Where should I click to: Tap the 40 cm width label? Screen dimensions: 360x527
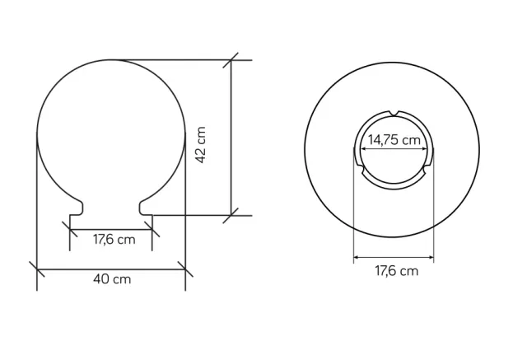coord(111,278)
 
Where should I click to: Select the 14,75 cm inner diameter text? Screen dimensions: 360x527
coord(394,140)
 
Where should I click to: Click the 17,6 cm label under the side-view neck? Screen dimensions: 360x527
coord(113,240)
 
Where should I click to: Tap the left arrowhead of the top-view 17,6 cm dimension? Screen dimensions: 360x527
coord(356,258)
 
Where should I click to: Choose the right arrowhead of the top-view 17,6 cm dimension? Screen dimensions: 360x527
coord(432,258)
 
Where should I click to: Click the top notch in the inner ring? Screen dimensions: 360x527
coord(394,113)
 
